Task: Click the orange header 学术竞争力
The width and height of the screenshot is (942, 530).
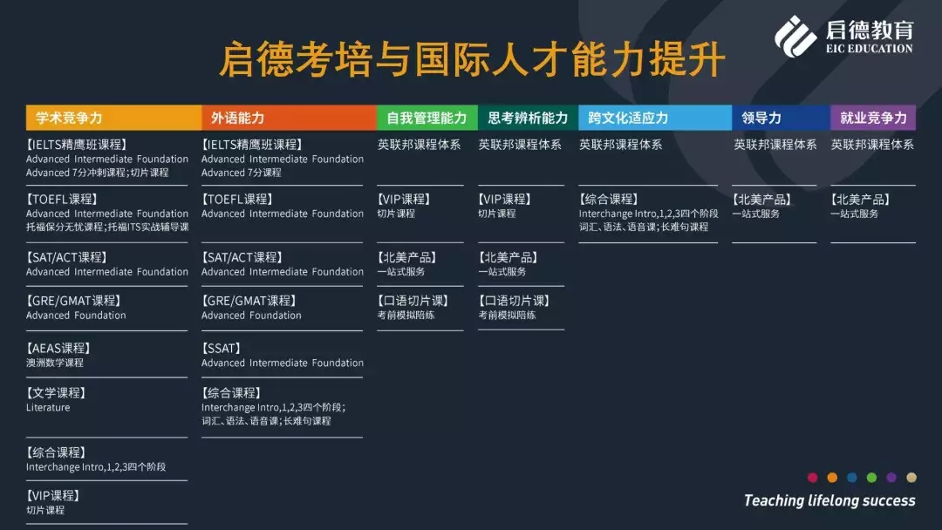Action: (113, 118)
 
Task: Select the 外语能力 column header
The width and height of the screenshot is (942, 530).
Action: (289, 118)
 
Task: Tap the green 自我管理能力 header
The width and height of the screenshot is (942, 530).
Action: (427, 118)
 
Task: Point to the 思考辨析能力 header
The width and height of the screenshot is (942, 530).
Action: (528, 118)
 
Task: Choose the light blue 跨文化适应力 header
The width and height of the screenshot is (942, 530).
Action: (655, 118)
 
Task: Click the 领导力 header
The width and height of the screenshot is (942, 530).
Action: (781, 118)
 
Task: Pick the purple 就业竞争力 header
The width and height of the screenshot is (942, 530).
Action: (873, 118)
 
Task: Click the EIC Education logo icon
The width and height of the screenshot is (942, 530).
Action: (795, 37)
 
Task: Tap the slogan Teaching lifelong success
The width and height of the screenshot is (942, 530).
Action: (829, 500)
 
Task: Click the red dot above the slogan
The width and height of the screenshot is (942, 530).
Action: (813, 478)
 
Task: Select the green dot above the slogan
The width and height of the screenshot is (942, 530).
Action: (871, 478)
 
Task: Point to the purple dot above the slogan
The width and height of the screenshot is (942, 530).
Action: (891, 478)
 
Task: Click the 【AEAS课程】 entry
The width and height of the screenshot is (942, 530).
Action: (58, 348)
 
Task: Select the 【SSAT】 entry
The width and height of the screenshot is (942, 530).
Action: (222, 348)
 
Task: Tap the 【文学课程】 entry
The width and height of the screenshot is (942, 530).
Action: (56, 393)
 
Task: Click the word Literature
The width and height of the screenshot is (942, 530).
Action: (48, 408)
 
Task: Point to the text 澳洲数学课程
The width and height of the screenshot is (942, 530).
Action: (55, 363)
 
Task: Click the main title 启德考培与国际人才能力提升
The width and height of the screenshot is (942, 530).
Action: (472, 59)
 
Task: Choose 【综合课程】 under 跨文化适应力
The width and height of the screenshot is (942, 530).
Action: (609, 200)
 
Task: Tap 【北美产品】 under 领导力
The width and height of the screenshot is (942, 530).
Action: (762, 200)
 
